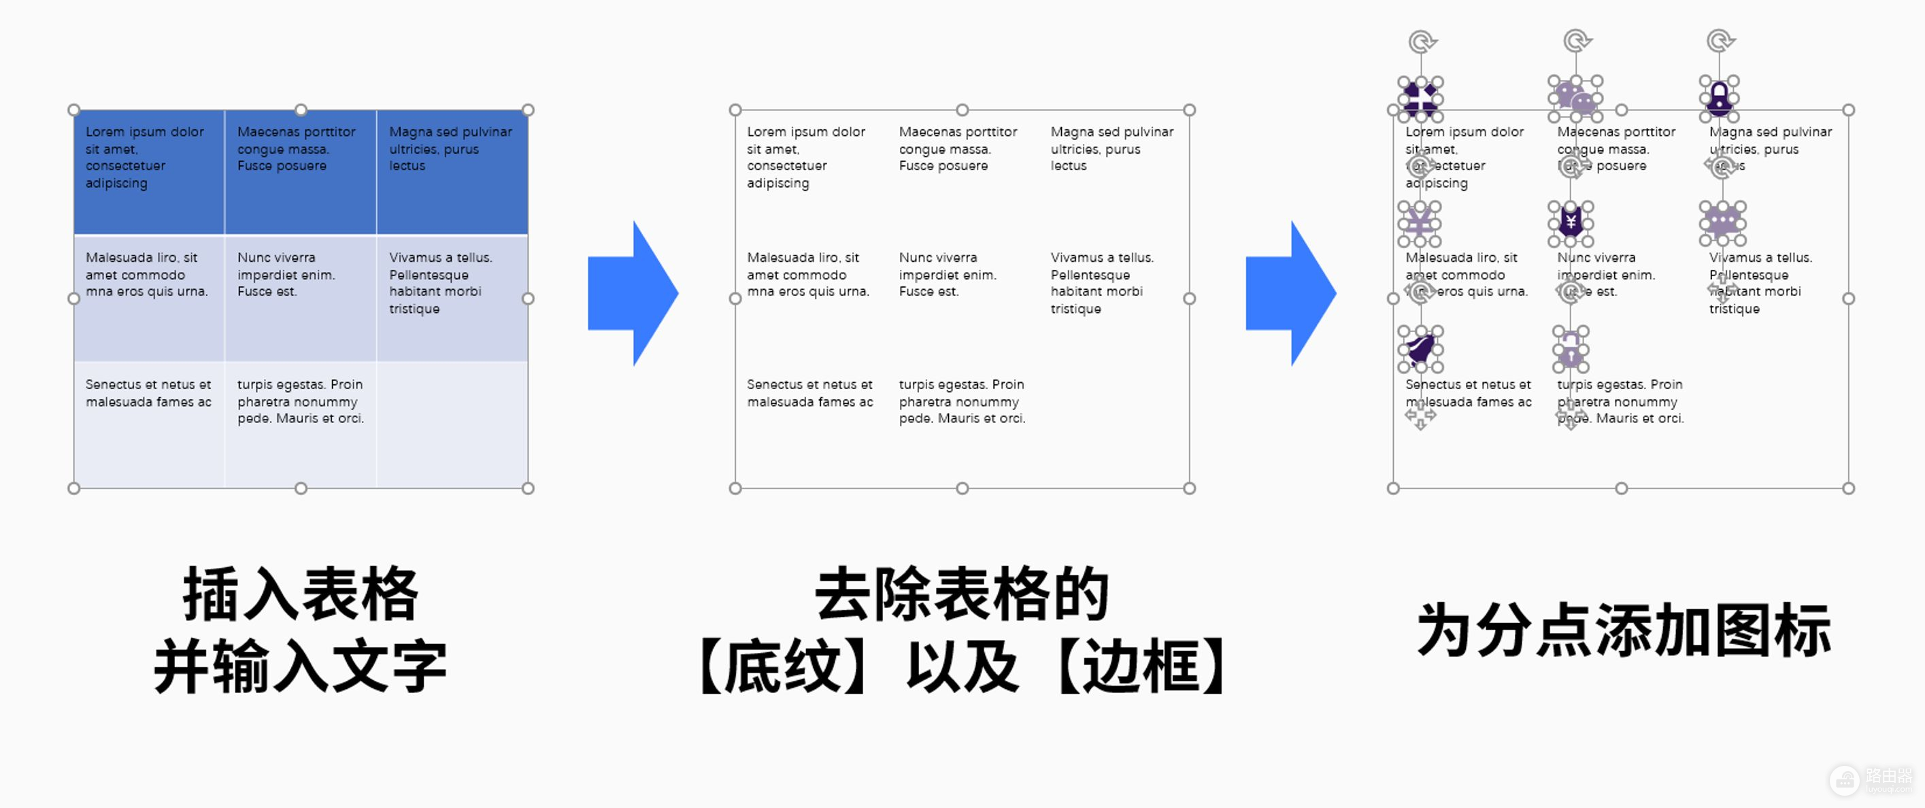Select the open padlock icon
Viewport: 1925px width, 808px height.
tap(1571, 349)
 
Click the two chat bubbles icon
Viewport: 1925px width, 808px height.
tap(1575, 98)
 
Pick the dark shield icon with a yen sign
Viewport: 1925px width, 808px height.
tap(1571, 222)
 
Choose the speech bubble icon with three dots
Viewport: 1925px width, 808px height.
tap(1722, 222)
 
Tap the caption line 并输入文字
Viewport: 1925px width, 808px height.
tap(301, 666)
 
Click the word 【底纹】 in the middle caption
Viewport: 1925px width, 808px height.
tap(785, 666)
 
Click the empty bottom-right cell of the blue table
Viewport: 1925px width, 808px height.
tap(452, 424)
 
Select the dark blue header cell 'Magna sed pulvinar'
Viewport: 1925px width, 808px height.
tap(452, 172)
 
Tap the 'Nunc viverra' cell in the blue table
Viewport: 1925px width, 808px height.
tap(301, 297)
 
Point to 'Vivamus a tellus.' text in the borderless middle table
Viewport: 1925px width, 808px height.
tap(1102, 258)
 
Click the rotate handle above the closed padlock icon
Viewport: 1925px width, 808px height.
tap(1720, 40)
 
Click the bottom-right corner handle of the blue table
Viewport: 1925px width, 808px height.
tap(528, 488)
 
